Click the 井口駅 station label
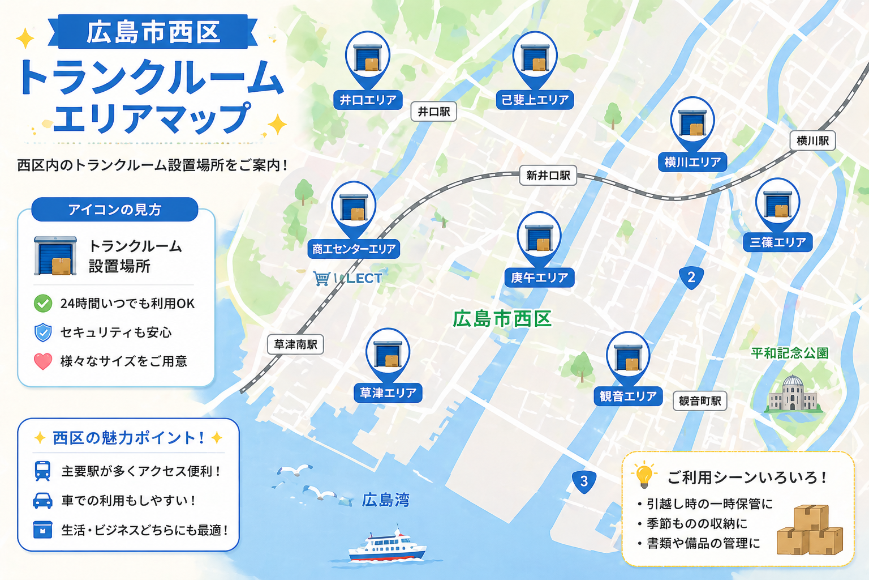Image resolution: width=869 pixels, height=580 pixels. [433, 112]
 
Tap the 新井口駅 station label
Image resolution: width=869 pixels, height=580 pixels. [548, 176]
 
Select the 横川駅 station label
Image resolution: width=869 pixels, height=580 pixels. [812, 140]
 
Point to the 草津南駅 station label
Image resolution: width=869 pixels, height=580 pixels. [295, 344]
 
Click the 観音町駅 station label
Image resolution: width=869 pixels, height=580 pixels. [700, 401]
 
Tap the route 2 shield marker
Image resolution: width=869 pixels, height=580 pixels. [691, 278]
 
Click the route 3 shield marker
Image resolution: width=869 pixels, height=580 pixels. [584, 481]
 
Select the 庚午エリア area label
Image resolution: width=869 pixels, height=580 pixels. [539, 278]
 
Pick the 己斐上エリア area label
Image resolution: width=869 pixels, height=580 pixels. [535, 100]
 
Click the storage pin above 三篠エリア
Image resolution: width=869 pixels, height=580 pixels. [777, 203]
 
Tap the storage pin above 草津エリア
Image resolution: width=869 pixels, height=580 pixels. [388, 353]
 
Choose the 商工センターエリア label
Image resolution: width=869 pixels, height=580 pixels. [354, 249]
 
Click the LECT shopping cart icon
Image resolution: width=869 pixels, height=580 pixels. [321, 278]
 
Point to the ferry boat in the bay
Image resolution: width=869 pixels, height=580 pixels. [386, 547]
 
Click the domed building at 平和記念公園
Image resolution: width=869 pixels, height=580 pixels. [793, 394]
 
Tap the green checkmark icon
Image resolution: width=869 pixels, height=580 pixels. [43, 304]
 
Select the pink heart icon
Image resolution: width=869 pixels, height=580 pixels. [43, 361]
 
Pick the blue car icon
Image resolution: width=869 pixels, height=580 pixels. [43, 501]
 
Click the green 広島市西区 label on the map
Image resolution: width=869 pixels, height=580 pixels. [502, 319]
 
